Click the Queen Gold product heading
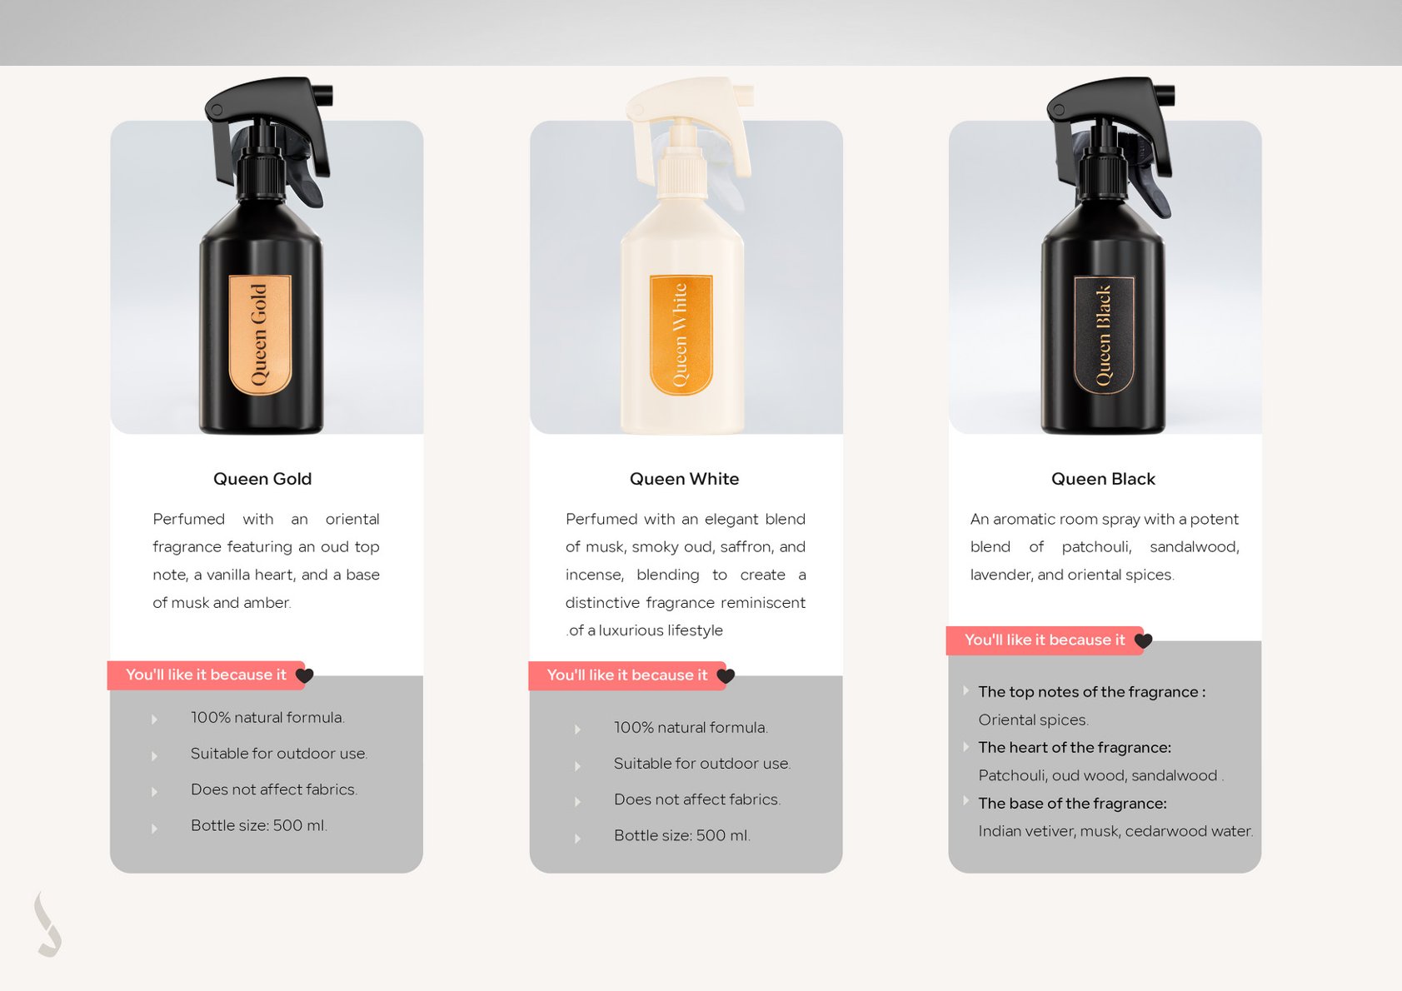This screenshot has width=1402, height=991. coord(262,479)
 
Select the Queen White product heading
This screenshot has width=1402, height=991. coord(684,479)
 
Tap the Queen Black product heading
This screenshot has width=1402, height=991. coord(1103,479)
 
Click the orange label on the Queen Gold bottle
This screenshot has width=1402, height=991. coord(260,336)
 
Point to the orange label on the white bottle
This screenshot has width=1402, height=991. coord(681,336)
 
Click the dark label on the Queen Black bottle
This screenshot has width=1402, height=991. coord(1104,336)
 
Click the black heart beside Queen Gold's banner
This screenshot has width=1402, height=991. coord(304,675)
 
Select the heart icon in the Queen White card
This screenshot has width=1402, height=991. coord(726,676)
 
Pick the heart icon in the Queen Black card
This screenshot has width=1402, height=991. coord(1143,640)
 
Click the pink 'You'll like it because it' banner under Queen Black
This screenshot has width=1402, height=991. coord(1045,640)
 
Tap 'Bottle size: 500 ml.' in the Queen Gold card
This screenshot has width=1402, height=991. coord(259,826)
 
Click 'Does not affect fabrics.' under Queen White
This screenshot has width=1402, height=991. coord(697,799)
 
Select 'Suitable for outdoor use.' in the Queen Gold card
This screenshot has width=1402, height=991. coord(279,754)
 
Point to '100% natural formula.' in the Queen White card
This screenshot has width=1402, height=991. coord(691,728)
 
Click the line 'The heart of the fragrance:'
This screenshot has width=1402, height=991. coord(1075,748)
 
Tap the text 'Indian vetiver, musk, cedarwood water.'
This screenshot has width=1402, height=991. coord(1115,831)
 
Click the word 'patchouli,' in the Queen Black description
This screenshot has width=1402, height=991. coord(1097,547)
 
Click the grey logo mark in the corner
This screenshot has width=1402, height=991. coord(48,924)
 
